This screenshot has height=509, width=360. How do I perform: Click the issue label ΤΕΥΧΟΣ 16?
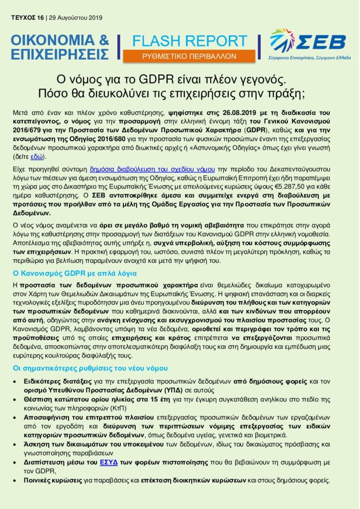point(27,18)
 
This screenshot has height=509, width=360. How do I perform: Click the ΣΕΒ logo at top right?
point(307,44)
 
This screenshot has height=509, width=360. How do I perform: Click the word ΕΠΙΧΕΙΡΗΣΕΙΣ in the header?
point(60,53)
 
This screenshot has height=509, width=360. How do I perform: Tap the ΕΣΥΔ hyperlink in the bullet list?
point(109,462)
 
